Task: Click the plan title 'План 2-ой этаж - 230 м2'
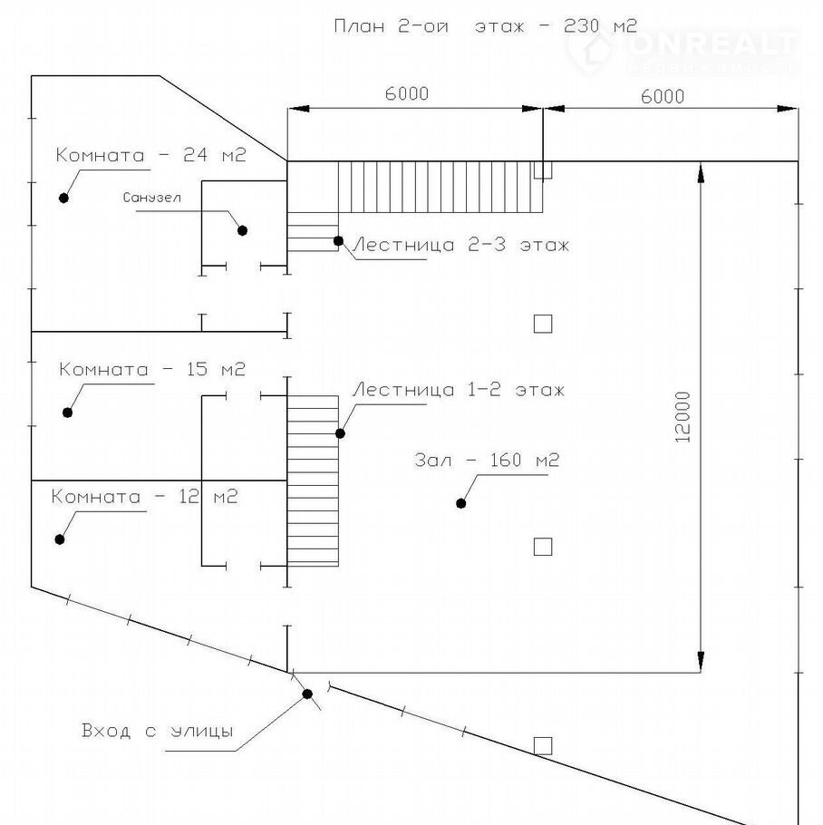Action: pos(485,25)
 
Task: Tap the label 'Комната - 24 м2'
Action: pos(150,155)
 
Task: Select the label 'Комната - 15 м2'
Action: pos(152,370)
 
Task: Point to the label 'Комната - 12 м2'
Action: pos(144,497)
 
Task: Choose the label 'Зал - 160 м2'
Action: pos(487,461)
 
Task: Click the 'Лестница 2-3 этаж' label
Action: pos(460,245)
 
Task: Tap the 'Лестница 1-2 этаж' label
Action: pos(458,391)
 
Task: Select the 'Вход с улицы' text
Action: pos(157,731)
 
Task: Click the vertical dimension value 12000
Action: pos(683,417)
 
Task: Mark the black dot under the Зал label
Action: pos(461,503)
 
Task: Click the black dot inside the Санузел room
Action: pos(242,230)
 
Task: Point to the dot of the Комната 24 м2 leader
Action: pos(63,198)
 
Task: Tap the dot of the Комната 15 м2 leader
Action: pos(67,412)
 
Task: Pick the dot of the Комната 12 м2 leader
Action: pos(60,539)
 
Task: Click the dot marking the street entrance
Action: pos(307,694)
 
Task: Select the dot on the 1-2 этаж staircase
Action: pos(341,433)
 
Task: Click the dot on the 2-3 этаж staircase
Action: pos(338,241)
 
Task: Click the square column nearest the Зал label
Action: pos(542,546)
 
